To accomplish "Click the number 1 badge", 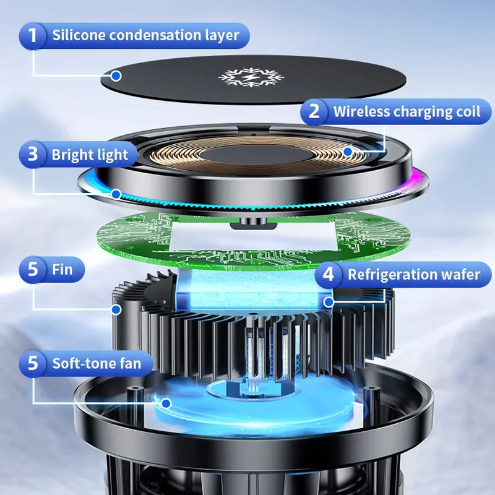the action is click(x=33, y=36).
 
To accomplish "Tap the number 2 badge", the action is click(x=314, y=111).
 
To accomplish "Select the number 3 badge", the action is click(x=33, y=154).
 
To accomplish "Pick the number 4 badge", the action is click(x=329, y=274).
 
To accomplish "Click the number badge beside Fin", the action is click(x=33, y=270).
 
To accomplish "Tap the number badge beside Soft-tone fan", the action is click(x=33, y=363).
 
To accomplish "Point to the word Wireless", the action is click(x=362, y=111).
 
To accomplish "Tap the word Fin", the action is click(x=62, y=270).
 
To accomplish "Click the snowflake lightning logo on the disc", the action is click(x=251, y=77).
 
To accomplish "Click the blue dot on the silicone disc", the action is click(x=116, y=76).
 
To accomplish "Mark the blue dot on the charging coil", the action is click(x=348, y=152).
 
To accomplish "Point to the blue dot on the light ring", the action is click(x=116, y=194).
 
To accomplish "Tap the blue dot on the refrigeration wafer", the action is click(x=329, y=302).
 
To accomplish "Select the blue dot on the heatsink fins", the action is click(x=116, y=309).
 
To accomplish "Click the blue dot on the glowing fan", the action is click(x=166, y=403).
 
